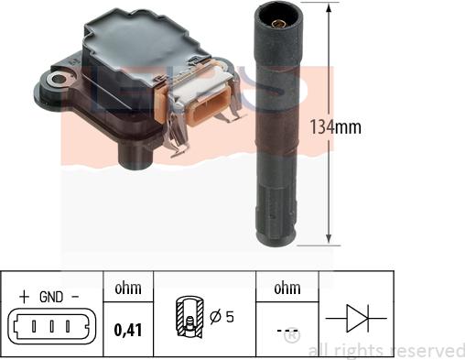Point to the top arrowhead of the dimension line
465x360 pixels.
tap(329, 7)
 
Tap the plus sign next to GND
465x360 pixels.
tap(21, 297)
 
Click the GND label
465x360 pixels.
tap(52, 297)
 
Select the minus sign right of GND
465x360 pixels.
tap(77, 297)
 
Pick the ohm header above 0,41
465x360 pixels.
tap(127, 289)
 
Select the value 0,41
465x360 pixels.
tap(127, 325)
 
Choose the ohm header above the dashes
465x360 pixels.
tap(286, 289)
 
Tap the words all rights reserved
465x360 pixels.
tap(385, 349)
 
